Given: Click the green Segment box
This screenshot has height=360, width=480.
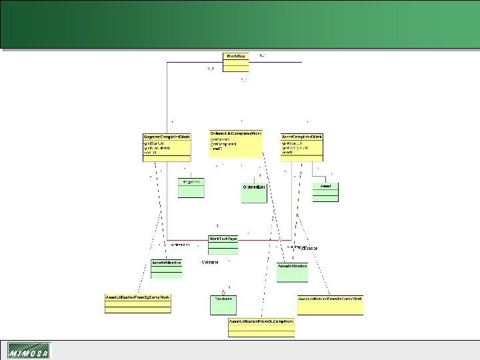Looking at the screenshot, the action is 191,187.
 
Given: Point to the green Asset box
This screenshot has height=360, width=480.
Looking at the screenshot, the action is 325,191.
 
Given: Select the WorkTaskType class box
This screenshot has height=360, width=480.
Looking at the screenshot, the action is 223,244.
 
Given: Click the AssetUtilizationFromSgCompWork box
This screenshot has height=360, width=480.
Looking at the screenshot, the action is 138,303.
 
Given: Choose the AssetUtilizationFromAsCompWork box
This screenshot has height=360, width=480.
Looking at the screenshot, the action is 330,304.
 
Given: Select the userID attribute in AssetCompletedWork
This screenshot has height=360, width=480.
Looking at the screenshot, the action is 287,152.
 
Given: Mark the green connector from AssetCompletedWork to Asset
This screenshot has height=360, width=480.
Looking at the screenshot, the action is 313,170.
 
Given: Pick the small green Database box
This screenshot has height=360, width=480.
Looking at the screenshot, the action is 223,304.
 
